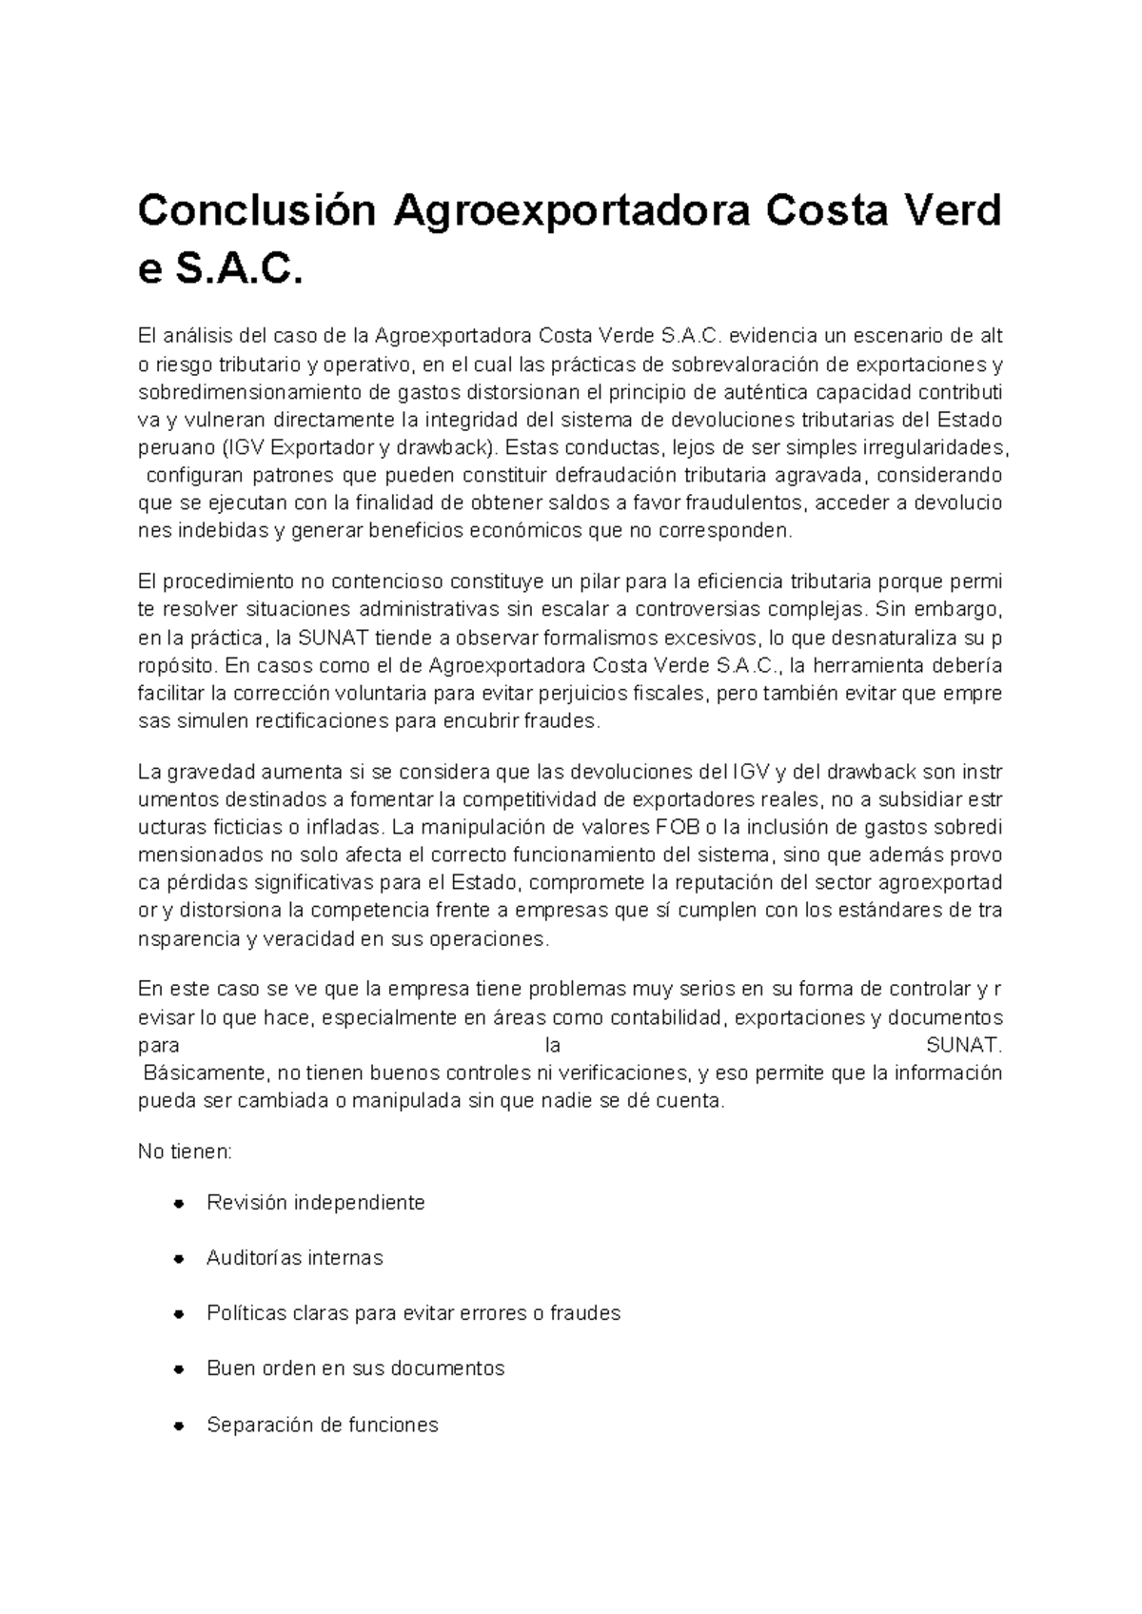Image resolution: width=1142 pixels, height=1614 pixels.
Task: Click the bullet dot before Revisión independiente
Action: [178, 1204]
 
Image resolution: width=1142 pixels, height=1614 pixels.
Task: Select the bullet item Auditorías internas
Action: [294, 1258]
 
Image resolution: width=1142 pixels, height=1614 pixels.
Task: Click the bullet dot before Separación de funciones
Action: [178, 1427]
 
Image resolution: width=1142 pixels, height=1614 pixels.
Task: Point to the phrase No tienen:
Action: [185, 1152]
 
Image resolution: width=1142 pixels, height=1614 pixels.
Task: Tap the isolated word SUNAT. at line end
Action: [964, 1046]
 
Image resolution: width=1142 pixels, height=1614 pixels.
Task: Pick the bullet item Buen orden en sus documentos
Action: [355, 1368]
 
